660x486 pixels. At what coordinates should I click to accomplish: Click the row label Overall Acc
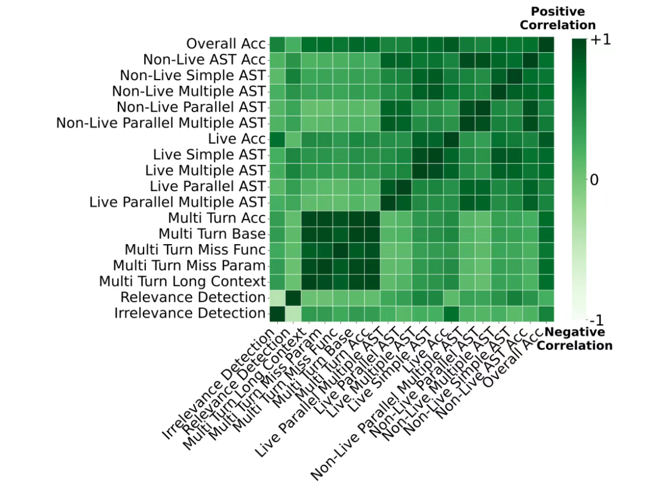click(226, 43)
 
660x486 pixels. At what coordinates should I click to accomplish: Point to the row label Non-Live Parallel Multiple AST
click(161, 123)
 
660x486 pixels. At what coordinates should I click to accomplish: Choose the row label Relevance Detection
click(193, 297)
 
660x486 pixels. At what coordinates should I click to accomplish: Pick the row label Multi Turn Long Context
click(183, 281)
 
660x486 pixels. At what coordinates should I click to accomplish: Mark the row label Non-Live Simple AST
click(193, 75)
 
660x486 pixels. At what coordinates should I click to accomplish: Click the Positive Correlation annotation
click(557, 19)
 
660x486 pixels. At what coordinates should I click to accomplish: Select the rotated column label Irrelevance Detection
click(219, 384)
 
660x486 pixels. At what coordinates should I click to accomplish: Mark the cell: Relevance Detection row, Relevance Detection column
click(293, 297)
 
